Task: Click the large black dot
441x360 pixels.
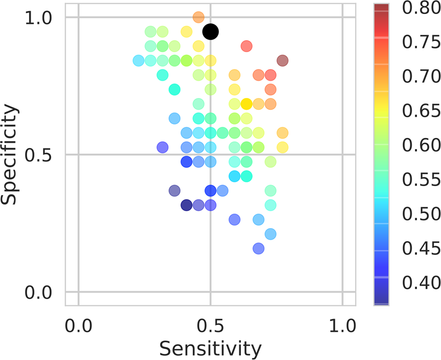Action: pyautogui.click(x=211, y=32)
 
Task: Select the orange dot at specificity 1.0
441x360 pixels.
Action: pyautogui.click(x=198, y=17)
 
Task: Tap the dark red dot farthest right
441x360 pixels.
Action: pyautogui.click(x=283, y=60)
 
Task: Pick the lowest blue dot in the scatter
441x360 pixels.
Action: pyautogui.click(x=259, y=249)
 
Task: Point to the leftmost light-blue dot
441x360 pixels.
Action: pyautogui.click(x=138, y=60)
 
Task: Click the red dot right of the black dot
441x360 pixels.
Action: pyautogui.click(x=247, y=46)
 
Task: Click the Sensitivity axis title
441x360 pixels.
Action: pyautogui.click(x=210, y=347)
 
